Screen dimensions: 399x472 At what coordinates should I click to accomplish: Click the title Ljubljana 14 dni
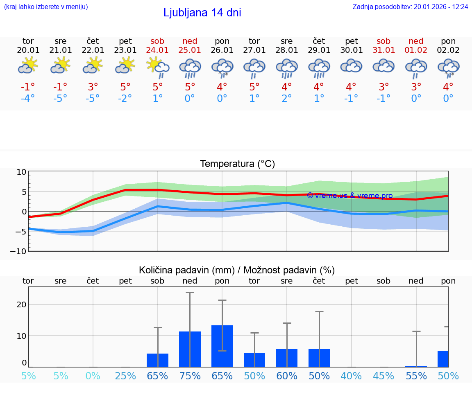point(202,13)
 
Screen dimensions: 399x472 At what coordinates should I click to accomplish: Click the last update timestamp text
point(410,7)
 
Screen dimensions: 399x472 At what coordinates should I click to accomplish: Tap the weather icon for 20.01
point(28,65)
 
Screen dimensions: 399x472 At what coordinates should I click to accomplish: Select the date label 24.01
point(157,50)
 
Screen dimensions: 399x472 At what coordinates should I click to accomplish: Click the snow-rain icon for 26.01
point(222,68)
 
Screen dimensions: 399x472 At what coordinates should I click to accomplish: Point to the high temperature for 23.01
point(125,87)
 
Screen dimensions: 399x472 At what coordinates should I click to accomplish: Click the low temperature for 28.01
point(286,99)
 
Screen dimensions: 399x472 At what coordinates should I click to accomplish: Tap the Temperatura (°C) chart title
point(237,164)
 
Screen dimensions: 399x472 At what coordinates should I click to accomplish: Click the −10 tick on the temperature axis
point(21,251)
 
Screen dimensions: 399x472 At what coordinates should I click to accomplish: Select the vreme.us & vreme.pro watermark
point(349,196)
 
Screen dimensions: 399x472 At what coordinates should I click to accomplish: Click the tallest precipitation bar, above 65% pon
point(222,346)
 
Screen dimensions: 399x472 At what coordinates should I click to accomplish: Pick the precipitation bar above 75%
point(190,349)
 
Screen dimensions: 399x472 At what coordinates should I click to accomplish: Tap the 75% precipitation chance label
point(190,376)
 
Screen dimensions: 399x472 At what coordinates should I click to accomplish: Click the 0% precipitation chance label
point(93,376)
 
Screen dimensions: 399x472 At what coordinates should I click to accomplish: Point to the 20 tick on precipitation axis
point(21,304)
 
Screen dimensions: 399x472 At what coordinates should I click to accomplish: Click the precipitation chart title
point(237,270)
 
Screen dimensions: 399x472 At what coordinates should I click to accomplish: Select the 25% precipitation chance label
point(125,376)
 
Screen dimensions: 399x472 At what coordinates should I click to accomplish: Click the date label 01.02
point(416,50)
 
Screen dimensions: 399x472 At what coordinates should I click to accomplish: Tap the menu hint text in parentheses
point(46,7)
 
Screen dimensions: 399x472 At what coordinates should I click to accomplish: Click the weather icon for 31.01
point(383,65)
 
